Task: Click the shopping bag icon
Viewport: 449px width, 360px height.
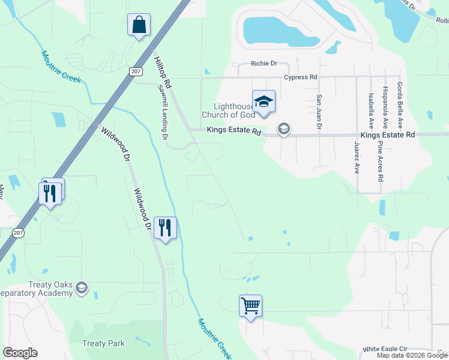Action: click(139, 25)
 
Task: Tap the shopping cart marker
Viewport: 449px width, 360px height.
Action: click(250, 306)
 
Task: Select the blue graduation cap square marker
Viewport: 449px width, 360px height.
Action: click(264, 101)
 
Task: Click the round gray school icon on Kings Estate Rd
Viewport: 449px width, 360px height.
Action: click(283, 129)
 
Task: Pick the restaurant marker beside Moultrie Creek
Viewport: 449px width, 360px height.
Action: click(165, 228)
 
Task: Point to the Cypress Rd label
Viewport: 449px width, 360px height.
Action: click(301, 77)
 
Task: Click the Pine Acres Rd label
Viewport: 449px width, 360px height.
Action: click(380, 163)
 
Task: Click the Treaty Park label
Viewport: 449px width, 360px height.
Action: click(103, 344)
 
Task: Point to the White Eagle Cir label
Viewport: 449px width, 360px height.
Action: click(385, 349)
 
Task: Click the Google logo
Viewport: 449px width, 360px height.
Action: click(20, 353)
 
